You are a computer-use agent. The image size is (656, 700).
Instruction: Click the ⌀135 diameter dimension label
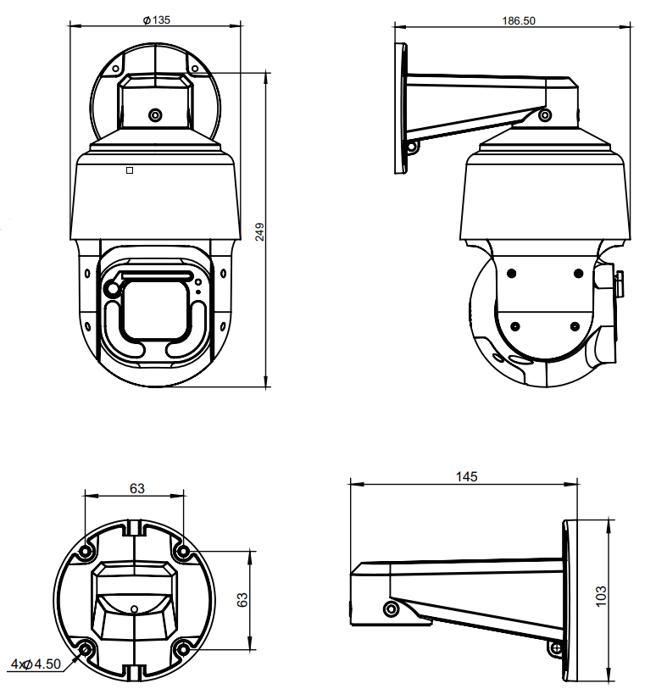pos(157,20)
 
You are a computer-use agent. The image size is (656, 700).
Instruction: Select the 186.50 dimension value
pos(519,20)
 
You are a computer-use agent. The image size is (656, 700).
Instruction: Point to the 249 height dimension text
pos(259,232)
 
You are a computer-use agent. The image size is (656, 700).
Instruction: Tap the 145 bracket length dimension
pos(466,477)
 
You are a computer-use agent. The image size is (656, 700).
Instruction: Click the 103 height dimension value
pos(601,596)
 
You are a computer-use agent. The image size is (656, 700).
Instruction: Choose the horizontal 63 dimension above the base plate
pos(137,488)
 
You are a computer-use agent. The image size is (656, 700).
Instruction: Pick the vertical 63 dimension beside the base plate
pos(242,599)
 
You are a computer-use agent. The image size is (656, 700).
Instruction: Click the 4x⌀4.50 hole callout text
pos(36,664)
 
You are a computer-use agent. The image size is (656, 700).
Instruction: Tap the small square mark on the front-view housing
pos(130,170)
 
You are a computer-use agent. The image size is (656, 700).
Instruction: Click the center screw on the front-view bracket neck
pos(155,115)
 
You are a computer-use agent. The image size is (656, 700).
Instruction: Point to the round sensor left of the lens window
pos(113,289)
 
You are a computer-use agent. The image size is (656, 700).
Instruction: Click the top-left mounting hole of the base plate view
pos(85,552)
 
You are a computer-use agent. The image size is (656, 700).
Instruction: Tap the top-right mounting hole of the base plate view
pos(183,552)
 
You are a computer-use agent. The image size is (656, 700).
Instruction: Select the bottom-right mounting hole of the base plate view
pos(183,649)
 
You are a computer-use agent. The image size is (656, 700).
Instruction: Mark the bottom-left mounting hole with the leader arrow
pos(86,649)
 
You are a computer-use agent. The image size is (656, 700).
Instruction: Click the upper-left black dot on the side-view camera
pos(512,273)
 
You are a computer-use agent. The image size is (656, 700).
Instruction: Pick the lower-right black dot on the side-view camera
pos(575,327)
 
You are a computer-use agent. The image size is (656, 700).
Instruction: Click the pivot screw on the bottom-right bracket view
pos(392,609)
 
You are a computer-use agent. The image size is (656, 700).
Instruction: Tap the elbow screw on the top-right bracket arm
pos(544,115)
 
